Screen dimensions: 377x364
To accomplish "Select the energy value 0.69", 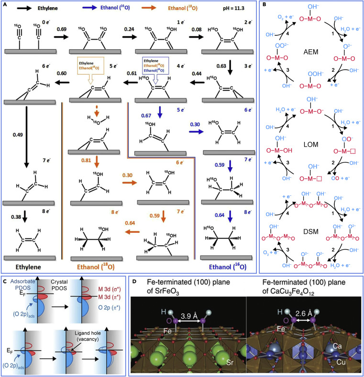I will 48,30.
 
